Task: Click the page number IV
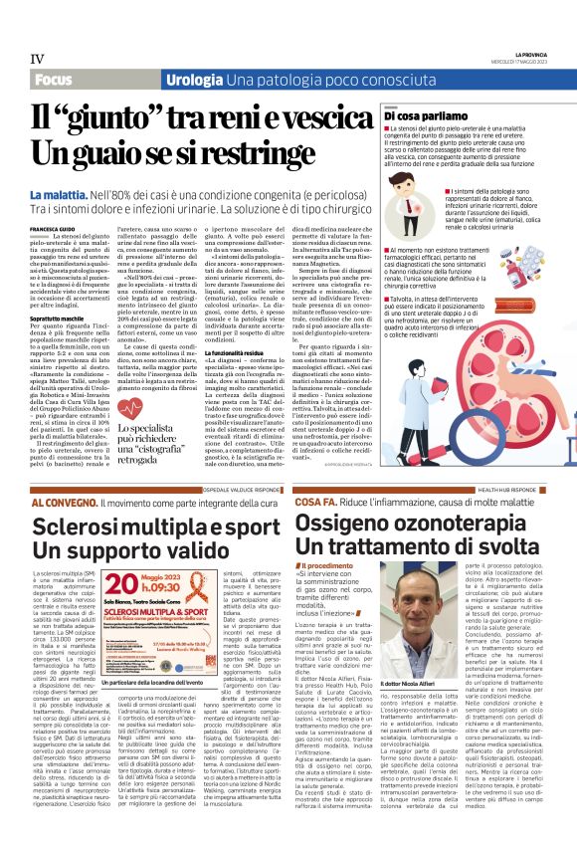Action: pos(37,58)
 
